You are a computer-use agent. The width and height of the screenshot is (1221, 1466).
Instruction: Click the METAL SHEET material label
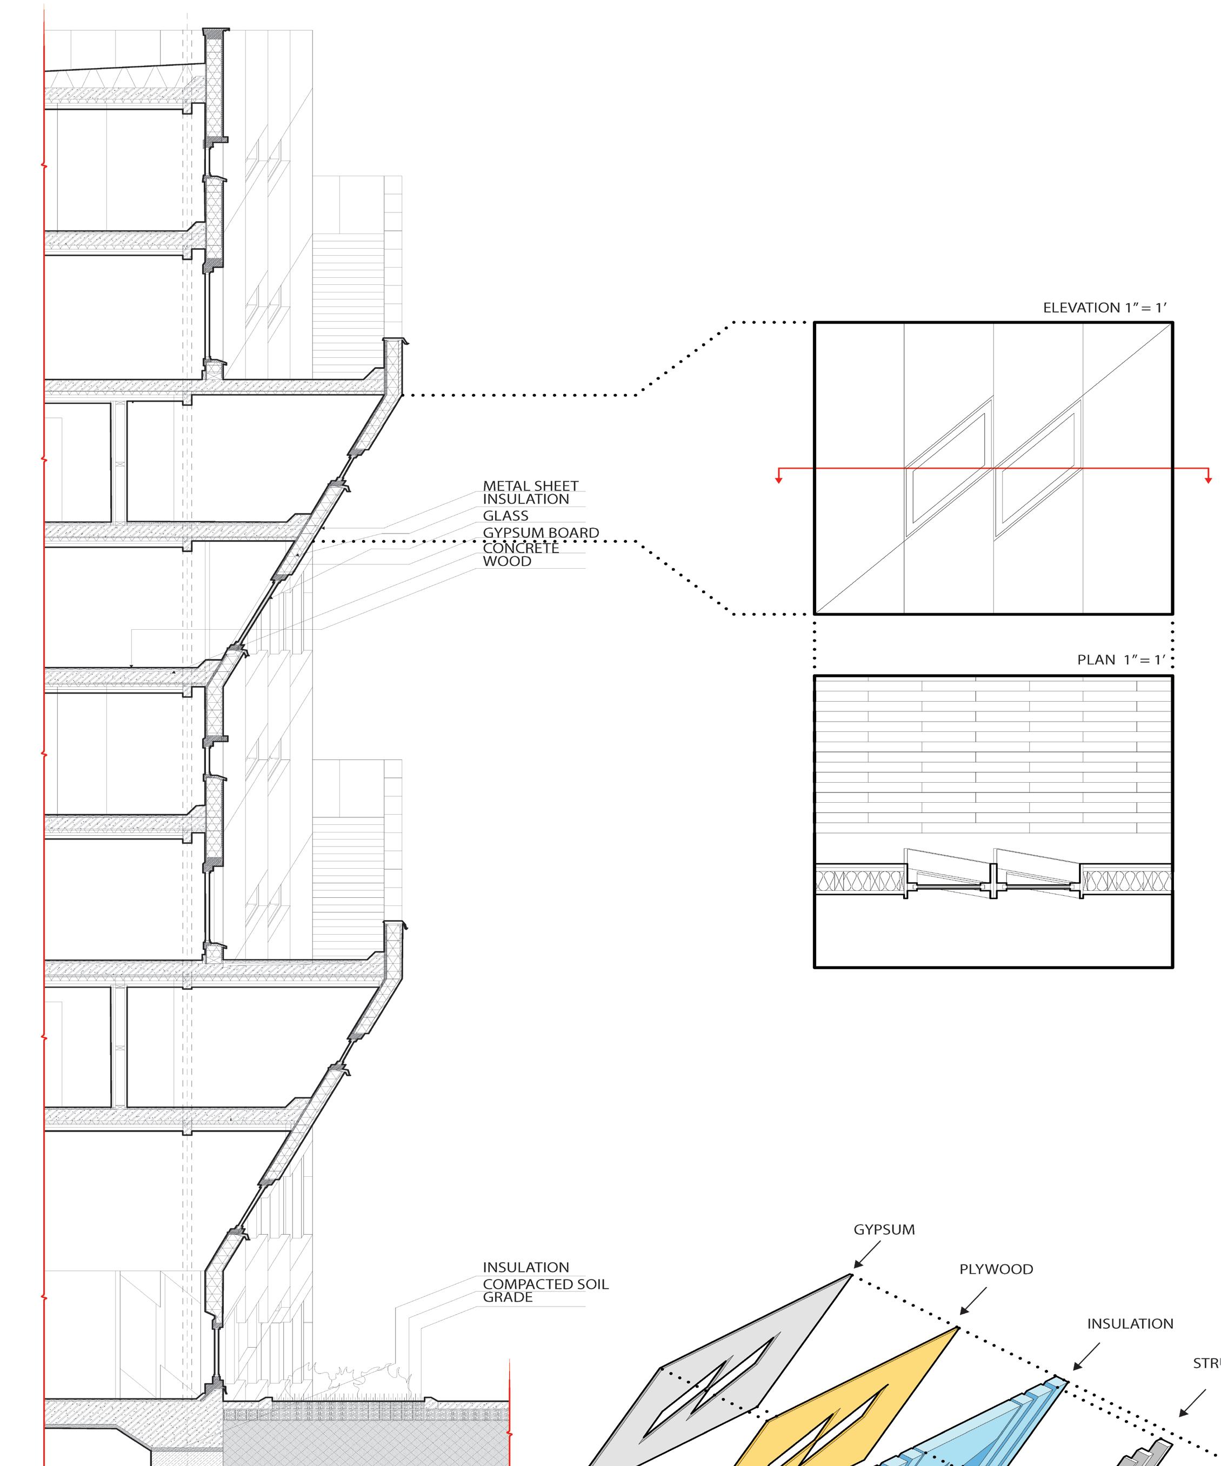[531, 486]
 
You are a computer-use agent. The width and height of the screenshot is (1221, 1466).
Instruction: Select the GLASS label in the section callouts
[505, 516]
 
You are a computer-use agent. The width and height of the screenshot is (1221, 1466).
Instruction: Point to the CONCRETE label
[521, 548]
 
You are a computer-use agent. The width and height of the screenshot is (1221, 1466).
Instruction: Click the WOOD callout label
[507, 561]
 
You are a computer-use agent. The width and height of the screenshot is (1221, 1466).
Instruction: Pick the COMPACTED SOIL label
[545, 1284]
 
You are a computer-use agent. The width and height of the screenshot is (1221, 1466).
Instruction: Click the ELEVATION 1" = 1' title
[1104, 308]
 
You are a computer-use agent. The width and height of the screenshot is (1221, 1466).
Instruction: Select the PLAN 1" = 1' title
[1121, 659]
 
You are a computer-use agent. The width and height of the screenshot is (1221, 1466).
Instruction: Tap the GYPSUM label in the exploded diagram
[884, 1229]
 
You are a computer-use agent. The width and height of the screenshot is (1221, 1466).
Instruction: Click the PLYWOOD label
[996, 1269]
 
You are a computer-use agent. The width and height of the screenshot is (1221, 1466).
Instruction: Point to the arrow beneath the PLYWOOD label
[972, 1301]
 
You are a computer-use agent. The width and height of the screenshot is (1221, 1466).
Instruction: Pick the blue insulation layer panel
[1005, 1424]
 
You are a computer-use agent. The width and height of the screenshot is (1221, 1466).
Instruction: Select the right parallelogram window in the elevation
[1038, 469]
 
